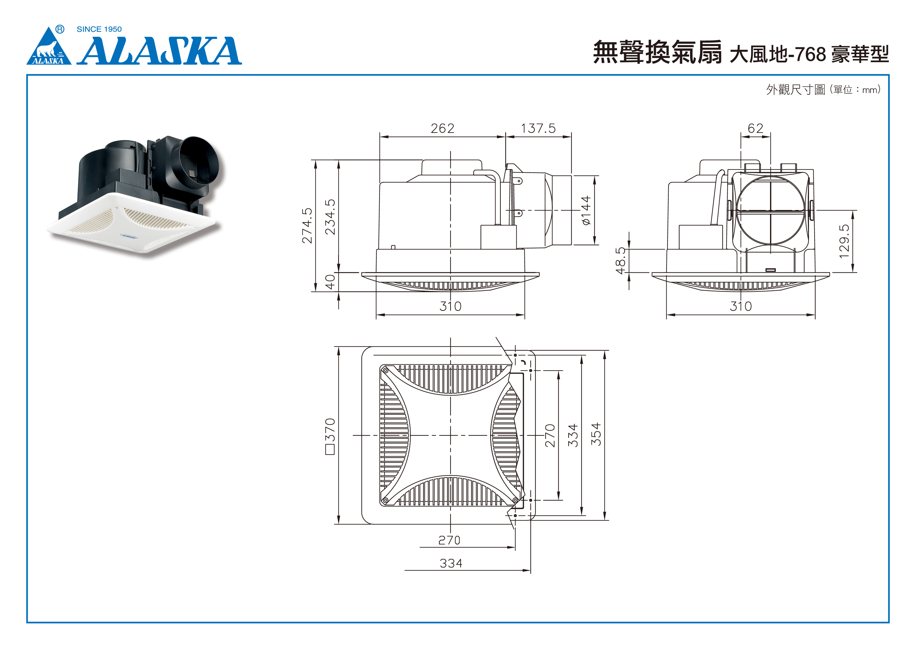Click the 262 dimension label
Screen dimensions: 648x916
coord(442,129)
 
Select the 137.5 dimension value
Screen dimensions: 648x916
coord(538,129)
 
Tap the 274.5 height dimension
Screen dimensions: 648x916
coord(307,225)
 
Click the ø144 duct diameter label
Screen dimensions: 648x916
coord(586,210)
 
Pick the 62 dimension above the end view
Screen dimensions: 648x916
coord(755,129)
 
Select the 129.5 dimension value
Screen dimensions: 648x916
coord(844,241)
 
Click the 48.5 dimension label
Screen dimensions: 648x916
coord(620,261)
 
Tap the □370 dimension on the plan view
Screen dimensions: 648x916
coord(330,436)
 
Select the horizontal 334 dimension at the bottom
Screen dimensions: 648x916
coord(451,563)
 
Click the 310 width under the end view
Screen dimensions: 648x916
coord(741,306)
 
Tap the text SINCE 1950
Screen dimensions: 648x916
coord(99,29)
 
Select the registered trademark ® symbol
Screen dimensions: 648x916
coord(60,29)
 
